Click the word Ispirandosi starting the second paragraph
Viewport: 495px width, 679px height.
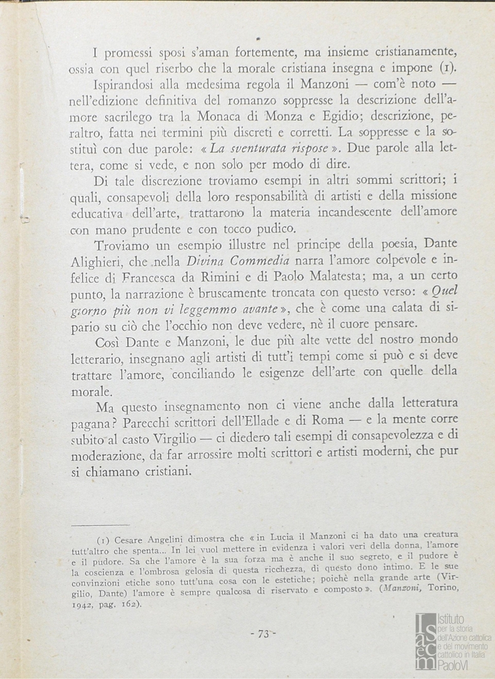tap(122, 83)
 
